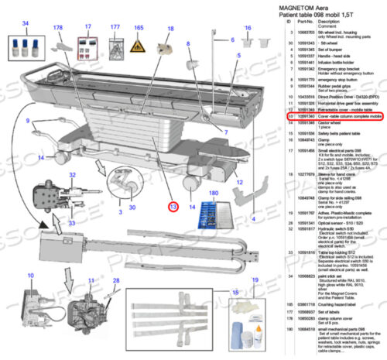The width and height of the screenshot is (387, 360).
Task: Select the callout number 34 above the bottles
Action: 26,25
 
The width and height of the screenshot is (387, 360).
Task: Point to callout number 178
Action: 57,28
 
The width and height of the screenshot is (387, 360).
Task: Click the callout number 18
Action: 170,29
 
